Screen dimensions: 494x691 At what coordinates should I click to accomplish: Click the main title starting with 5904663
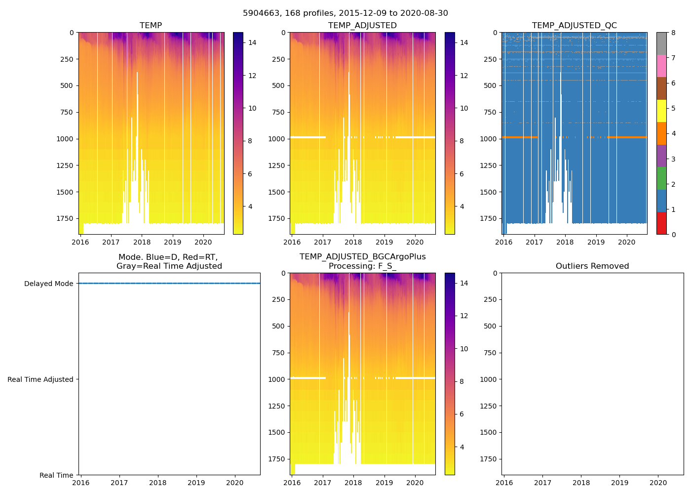(x=345, y=13)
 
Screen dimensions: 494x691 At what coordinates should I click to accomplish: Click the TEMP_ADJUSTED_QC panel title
(x=574, y=25)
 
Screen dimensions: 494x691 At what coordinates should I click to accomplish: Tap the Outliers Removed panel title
(x=592, y=266)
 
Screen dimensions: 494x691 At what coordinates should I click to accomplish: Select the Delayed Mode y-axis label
(x=48, y=284)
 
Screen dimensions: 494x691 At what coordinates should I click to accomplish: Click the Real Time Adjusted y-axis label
(x=40, y=379)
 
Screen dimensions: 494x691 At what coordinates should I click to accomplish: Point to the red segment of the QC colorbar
(x=661, y=223)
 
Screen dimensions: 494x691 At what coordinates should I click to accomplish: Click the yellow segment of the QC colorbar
(x=661, y=111)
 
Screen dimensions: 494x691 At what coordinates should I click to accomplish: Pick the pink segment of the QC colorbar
(x=661, y=66)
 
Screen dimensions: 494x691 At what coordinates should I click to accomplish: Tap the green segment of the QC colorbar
(x=661, y=178)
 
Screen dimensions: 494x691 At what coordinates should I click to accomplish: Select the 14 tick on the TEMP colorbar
(x=252, y=42)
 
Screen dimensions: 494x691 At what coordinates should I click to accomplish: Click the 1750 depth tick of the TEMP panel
(x=65, y=218)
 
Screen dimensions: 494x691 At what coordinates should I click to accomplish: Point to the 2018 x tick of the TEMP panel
(x=142, y=242)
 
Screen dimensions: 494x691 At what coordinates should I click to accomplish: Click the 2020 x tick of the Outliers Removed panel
(x=658, y=483)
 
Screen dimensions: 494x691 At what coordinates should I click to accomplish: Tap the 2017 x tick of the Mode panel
(x=119, y=483)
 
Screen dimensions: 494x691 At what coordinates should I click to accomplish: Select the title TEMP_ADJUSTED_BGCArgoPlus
(x=362, y=256)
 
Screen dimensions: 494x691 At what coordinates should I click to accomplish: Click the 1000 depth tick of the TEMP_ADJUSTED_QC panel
(x=489, y=139)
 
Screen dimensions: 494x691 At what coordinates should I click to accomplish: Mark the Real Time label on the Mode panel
(x=56, y=475)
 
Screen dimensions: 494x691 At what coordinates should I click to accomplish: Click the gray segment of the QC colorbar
(x=661, y=43)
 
